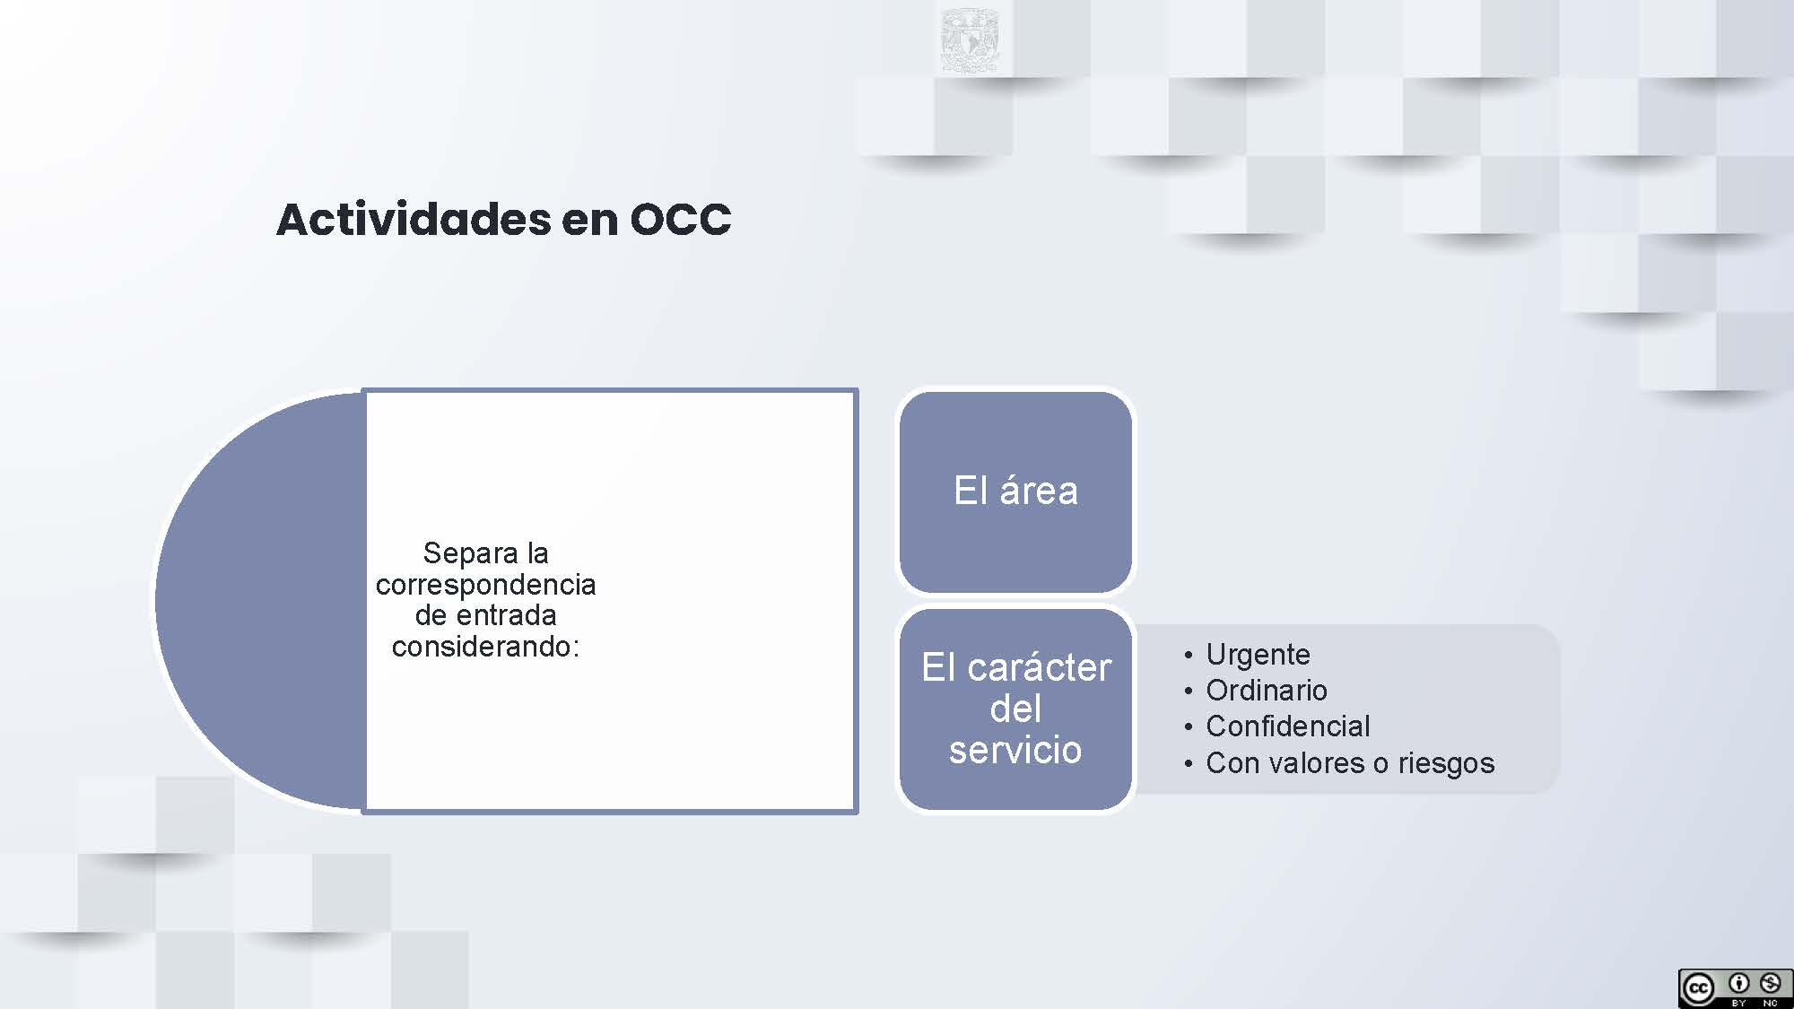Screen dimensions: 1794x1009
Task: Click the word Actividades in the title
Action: tap(414, 219)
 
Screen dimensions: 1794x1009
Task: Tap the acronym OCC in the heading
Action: tap(681, 220)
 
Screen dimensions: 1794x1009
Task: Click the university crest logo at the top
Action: tap(970, 41)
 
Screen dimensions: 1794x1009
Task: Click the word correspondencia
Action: tap(485, 585)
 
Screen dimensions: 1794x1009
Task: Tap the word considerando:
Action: tap(485, 646)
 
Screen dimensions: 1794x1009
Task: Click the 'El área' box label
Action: tap(1015, 491)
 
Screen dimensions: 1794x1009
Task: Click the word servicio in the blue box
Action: tap(1015, 750)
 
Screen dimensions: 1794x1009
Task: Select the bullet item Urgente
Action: tap(1258, 655)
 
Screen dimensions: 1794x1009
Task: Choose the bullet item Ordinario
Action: tap(1267, 690)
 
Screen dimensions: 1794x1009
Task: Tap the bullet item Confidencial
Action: tap(1288, 726)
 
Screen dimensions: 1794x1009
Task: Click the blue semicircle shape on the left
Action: tap(261, 601)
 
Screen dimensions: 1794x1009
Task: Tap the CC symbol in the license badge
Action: tap(1698, 989)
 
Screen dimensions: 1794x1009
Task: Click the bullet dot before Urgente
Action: tap(1189, 656)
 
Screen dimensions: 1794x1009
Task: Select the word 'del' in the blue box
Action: tap(1015, 709)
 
